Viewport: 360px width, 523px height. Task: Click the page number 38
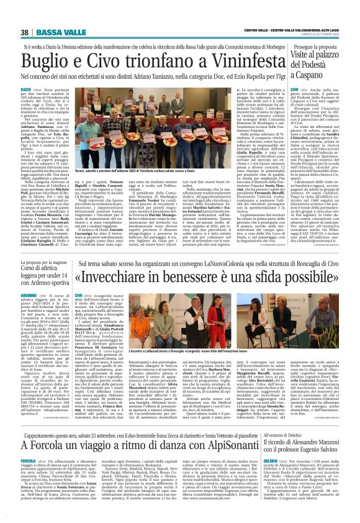tap(25, 32)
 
